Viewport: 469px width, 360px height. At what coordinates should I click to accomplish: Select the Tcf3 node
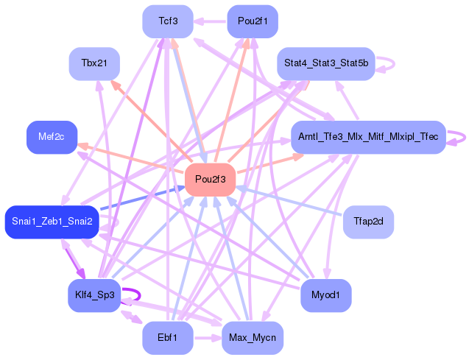(x=168, y=21)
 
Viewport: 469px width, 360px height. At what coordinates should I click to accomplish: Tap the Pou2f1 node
(x=253, y=21)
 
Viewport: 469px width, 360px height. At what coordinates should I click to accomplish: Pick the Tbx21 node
(x=94, y=64)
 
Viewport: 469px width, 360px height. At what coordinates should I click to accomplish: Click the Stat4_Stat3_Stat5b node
(x=325, y=63)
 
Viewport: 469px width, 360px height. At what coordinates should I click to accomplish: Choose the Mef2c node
(x=52, y=137)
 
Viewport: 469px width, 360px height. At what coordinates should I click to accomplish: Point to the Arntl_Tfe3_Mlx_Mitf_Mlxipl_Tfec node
(x=368, y=137)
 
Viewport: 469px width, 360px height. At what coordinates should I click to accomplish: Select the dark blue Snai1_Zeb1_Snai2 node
(x=52, y=222)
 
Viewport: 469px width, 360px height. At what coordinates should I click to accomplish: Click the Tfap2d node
(x=368, y=222)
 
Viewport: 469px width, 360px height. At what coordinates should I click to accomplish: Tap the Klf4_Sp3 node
(x=94, y=295)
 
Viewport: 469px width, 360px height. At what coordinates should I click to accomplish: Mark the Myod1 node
(x=325, y=295)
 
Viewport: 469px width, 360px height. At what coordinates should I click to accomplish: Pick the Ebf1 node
(x=168, y=338)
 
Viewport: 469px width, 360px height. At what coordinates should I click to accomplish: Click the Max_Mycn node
(x=253, y=338)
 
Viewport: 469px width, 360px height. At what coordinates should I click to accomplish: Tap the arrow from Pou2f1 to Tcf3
(x=211, y=21)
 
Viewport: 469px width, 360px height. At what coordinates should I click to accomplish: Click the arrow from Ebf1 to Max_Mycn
(x=208, y=338)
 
